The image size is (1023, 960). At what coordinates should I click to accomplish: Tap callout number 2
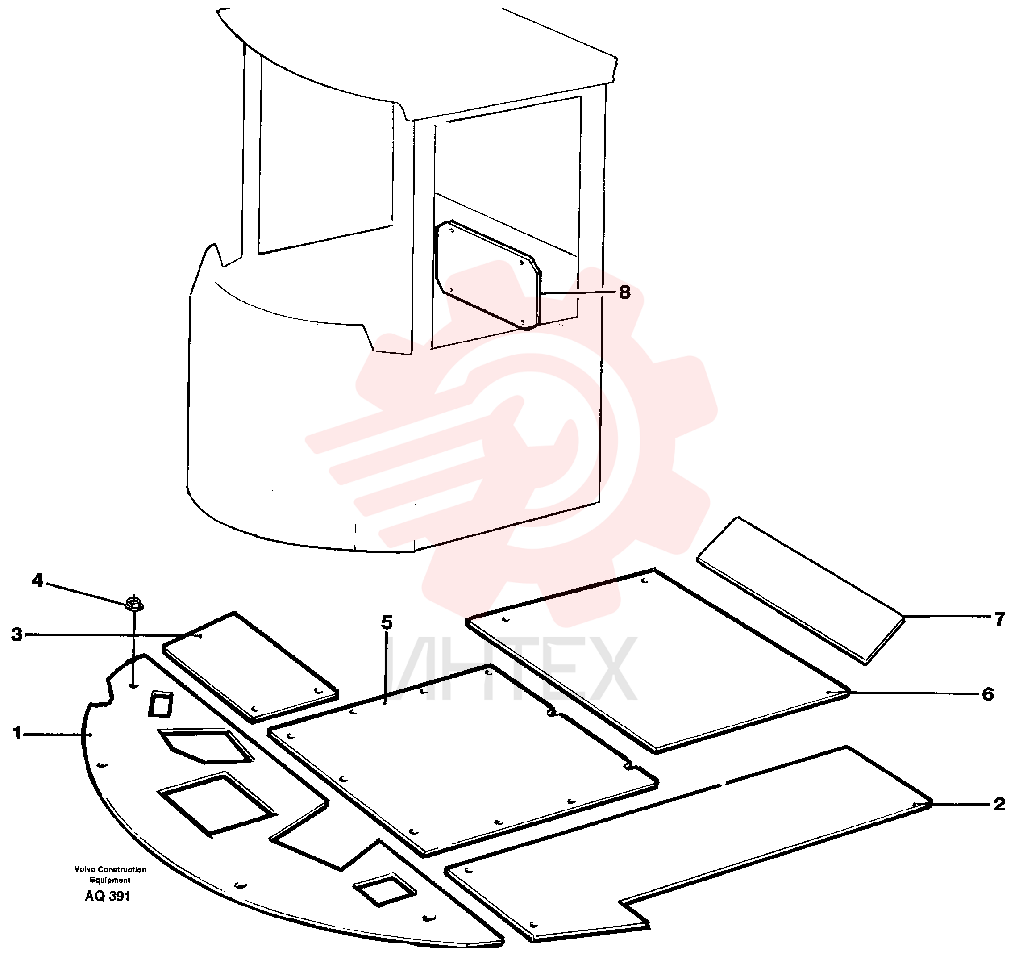coord(998,805)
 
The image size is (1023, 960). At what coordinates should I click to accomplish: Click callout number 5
coord(387,623)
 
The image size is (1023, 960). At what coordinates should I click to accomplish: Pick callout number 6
coord(987,694)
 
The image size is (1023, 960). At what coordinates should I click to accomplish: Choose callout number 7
coord(999,619)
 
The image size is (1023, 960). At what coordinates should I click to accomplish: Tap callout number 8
coord(624,292)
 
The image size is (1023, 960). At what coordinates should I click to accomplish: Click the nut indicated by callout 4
coord(134,603)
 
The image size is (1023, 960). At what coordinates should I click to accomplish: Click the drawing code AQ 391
coord(108,896)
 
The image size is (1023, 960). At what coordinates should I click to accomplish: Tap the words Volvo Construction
coord(110,869)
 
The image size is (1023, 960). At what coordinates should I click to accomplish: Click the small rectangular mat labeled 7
coord(800,590)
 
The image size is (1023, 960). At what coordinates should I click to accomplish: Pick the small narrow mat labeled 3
coord(250,667)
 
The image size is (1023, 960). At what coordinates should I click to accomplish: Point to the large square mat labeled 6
coord(656,660)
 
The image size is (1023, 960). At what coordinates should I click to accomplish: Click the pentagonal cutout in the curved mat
coord(206,744)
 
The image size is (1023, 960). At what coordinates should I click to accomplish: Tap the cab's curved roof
coord(417,57)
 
